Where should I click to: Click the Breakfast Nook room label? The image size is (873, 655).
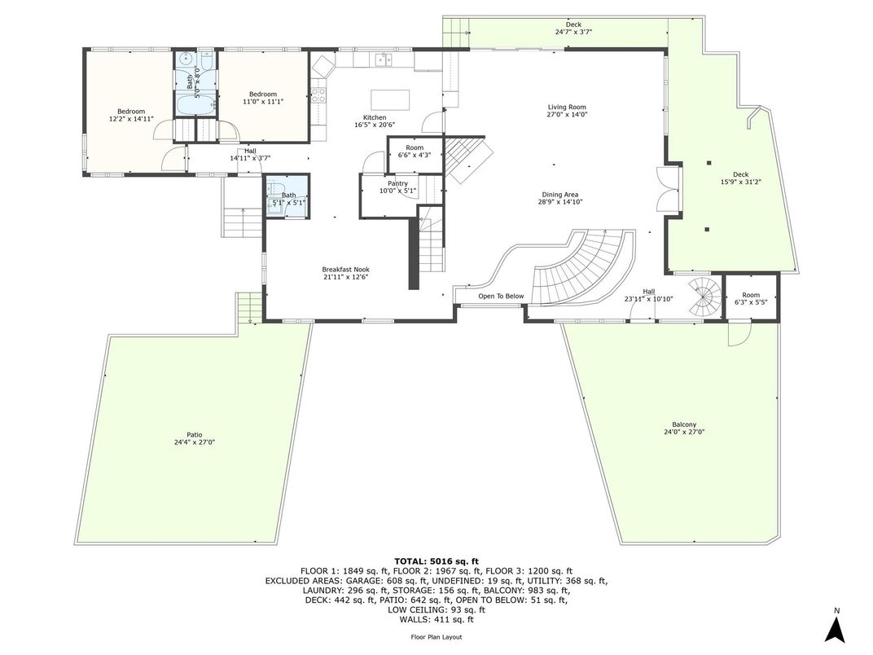pos(346,270)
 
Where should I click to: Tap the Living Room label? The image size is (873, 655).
pos(567,107)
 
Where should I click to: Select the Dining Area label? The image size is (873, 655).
pos(560,195)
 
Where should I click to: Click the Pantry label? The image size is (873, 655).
pos(397,184)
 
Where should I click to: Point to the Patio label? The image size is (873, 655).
pos(195,435)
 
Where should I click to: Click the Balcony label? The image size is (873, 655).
pos(684,424)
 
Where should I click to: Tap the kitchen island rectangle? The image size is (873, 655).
pos(390,99)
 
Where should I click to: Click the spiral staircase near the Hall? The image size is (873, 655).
pos(705,298)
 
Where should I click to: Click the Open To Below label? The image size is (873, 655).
pos(501,297)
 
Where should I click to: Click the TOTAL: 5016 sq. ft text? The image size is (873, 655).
pos(436,561)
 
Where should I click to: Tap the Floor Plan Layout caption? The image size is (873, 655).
pos(436,637)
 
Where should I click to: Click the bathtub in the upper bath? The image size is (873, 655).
pos(195,104)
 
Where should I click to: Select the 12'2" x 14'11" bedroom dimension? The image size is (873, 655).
pos(131,119)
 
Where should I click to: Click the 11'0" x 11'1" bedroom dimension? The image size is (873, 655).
pos(263,102)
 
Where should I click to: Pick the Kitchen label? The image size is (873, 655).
pos(375,117)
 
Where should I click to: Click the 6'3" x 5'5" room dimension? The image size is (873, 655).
pos(751,302)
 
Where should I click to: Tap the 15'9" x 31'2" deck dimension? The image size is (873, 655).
pos(741,182)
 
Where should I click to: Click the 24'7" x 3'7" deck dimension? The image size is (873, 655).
pos(573,33)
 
